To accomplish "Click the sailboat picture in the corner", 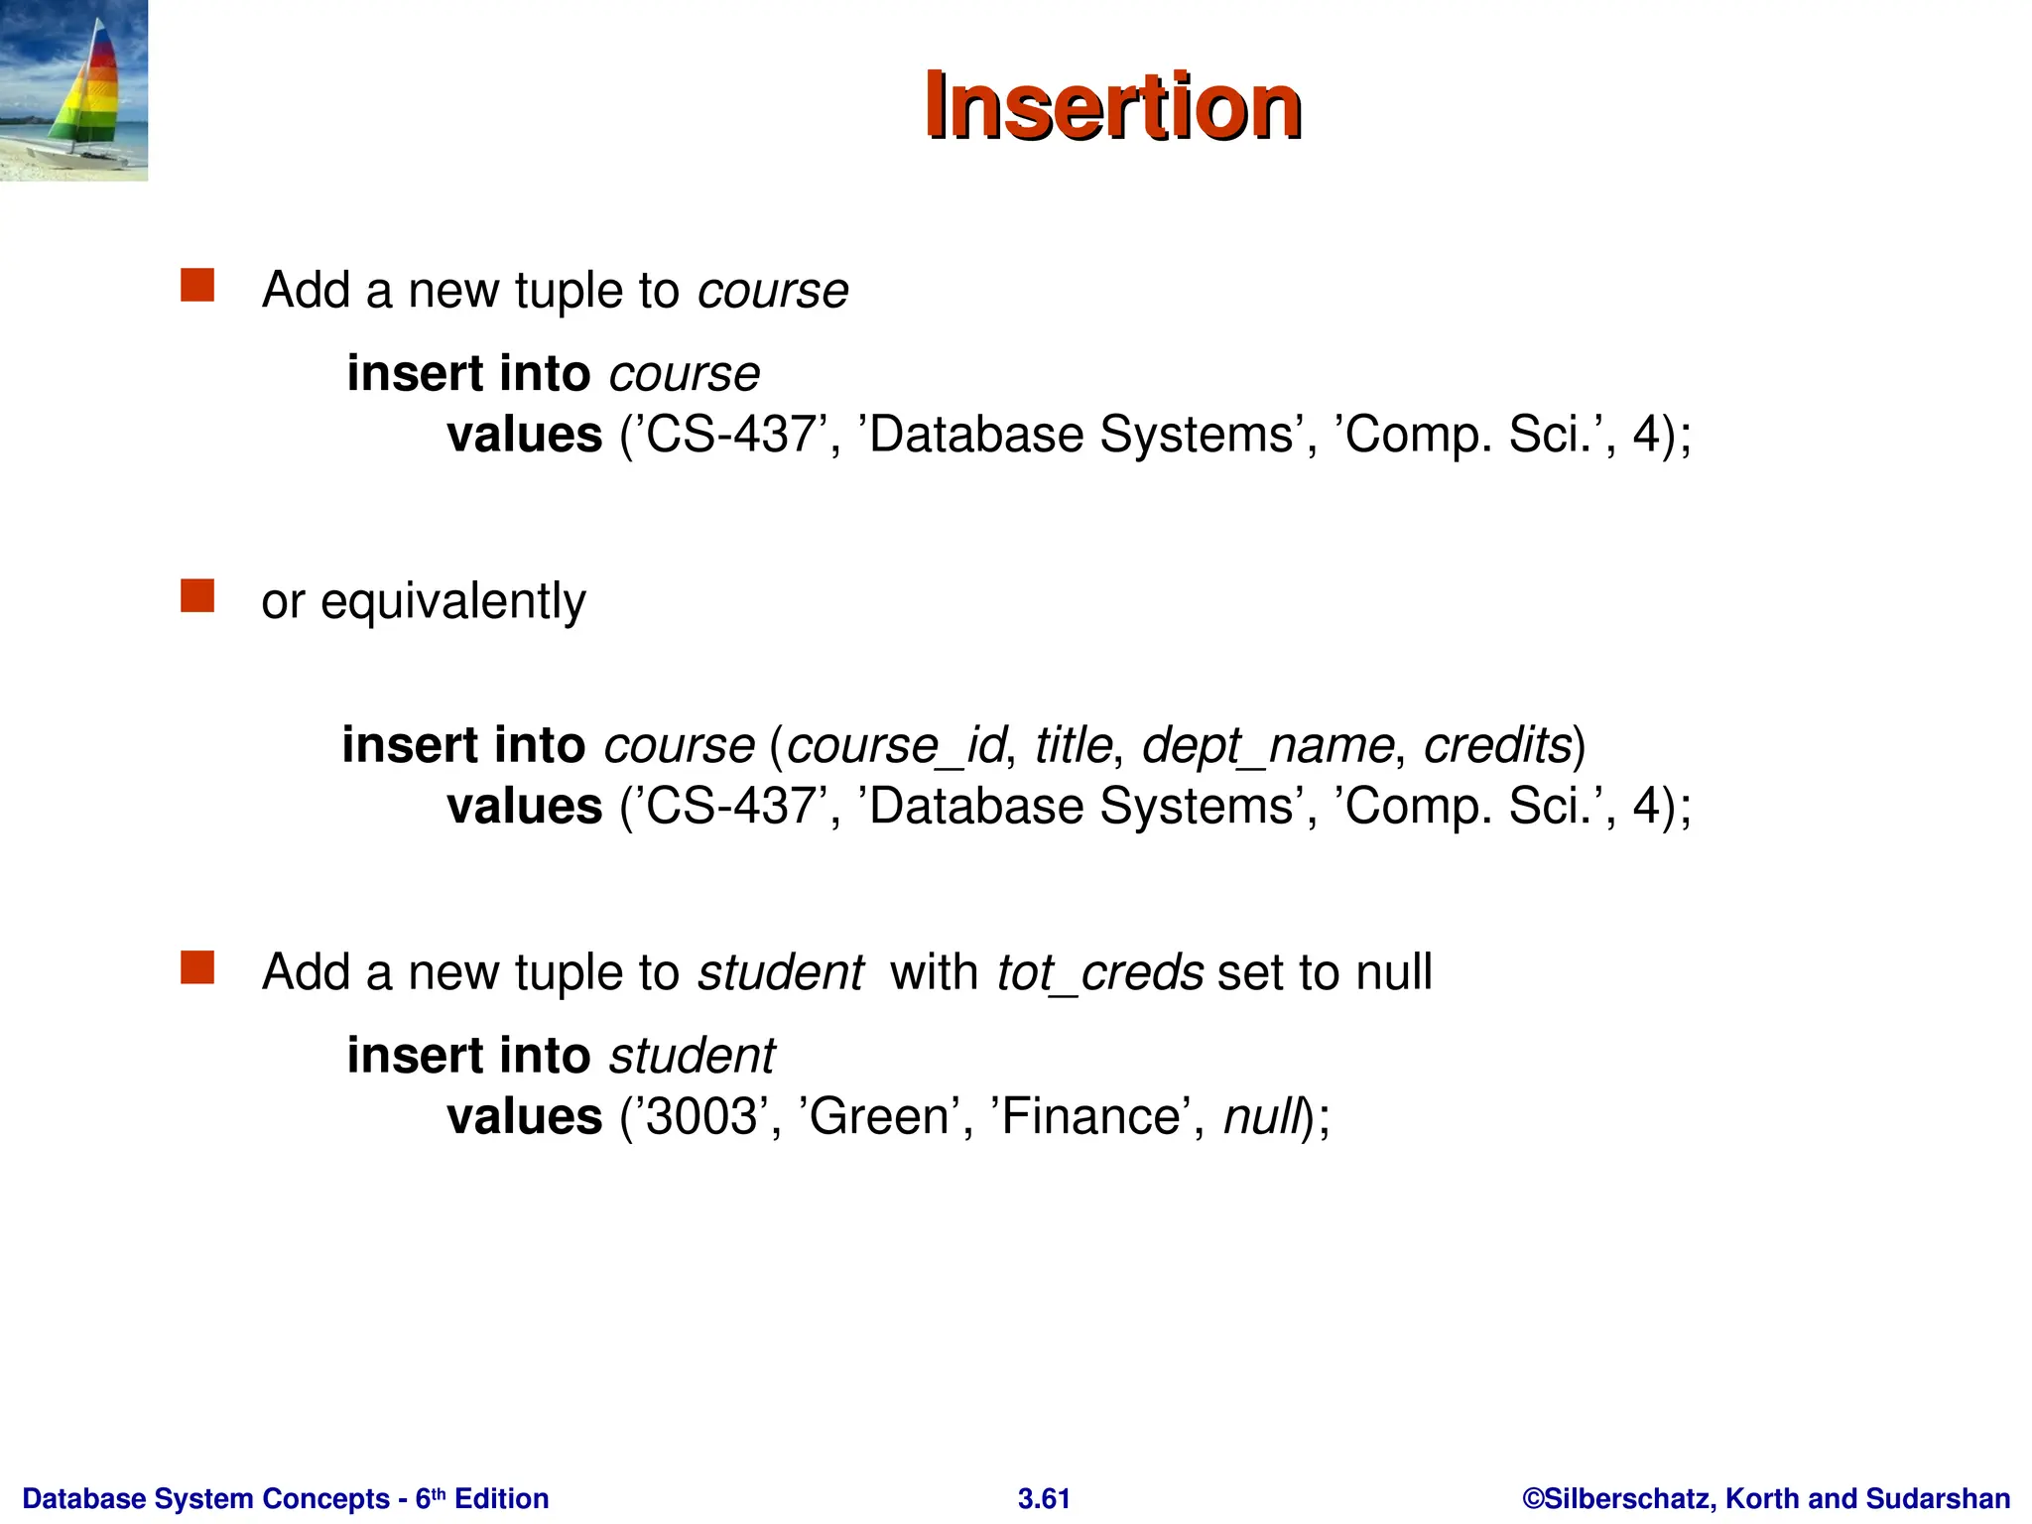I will pos(73,90).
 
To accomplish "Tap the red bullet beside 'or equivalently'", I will pos(197,596).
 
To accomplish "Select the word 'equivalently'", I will pos(453,601).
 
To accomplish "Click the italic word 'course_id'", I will pos(896,745).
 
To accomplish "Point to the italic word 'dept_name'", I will pos(1267,745).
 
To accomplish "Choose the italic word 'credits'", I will pos(1498,745).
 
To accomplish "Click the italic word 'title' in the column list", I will pos(1073,745).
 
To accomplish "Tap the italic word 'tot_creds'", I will pos(1099,972).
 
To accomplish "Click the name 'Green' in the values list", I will pos(879,1117).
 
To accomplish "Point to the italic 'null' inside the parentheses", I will pos(1261,1117).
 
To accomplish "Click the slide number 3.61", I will pos(1044,1498).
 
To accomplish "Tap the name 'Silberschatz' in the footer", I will pos(1627,1498).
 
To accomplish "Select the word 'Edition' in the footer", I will pos(501,1498).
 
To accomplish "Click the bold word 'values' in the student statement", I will pos(524,1117).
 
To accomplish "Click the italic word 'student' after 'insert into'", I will pos(692,1056).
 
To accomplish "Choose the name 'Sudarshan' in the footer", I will pos(1938,1498).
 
